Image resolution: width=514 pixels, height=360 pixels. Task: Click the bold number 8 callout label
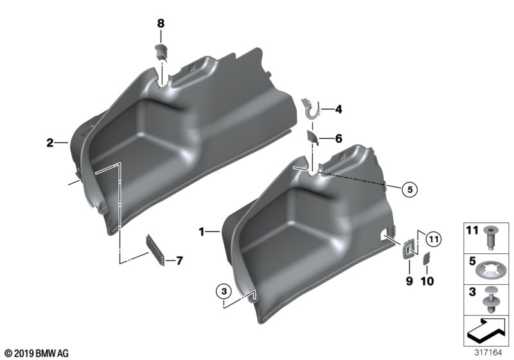161,24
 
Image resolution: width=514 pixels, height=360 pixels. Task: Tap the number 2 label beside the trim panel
49,143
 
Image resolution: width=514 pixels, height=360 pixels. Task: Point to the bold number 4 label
339,109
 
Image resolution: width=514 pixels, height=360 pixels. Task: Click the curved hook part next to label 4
310,108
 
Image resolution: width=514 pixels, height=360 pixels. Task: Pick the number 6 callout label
339,139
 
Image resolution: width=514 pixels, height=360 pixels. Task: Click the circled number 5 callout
409,189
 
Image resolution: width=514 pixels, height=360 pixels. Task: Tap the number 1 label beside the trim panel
202,232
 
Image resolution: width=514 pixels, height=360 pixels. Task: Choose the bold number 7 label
179,261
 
